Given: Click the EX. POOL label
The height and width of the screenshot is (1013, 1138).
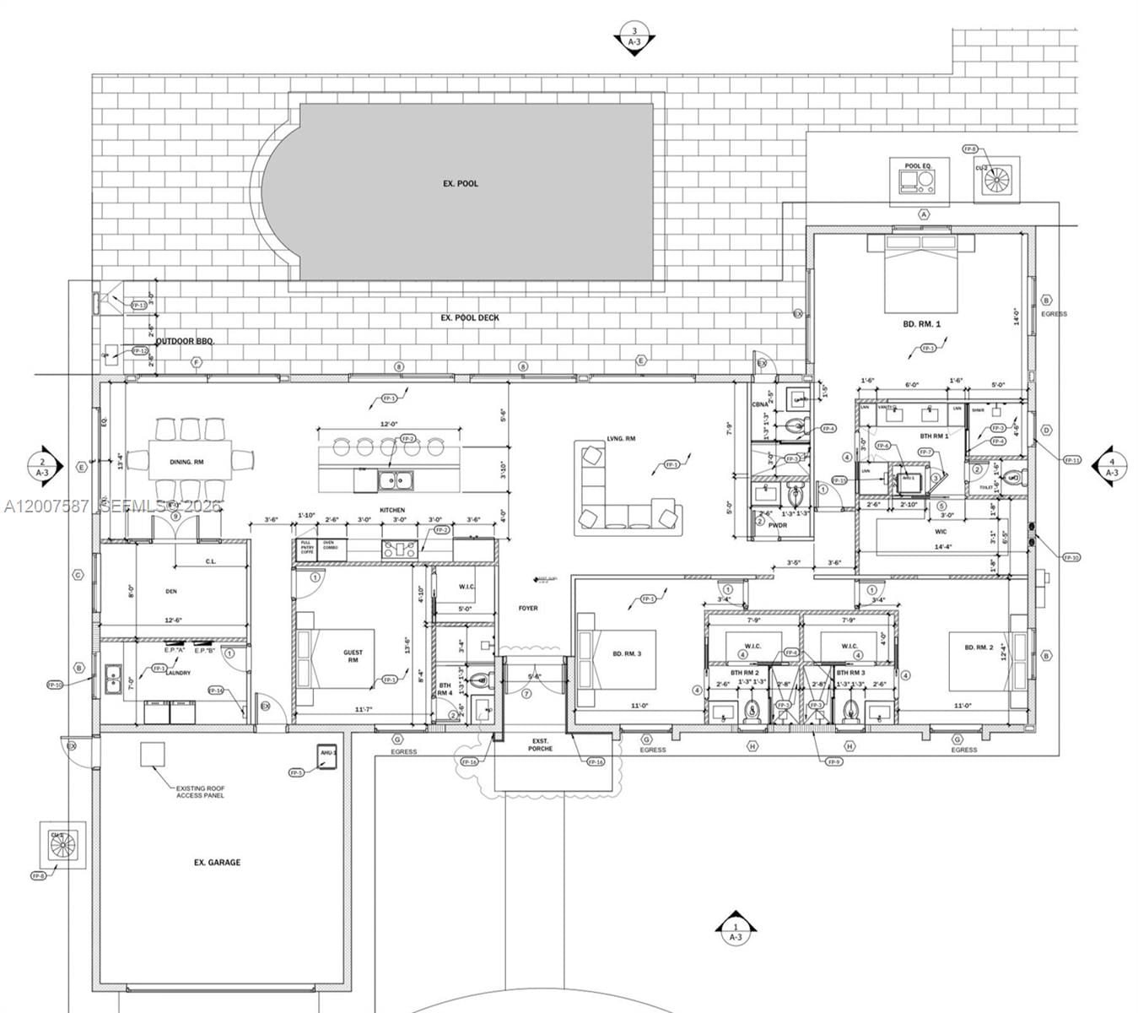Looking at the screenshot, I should (461, 183).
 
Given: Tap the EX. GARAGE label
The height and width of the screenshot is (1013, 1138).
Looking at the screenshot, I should (217, 863).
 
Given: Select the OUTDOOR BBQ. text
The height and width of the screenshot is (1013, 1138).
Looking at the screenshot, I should (186, 341).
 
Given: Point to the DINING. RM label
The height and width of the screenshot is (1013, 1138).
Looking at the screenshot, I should (186, 462).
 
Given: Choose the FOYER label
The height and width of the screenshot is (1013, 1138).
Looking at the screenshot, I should (528, 608).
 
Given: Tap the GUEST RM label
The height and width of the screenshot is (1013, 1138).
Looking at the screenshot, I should (353, 657).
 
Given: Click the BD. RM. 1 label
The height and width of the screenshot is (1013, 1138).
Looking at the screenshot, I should (921, 323).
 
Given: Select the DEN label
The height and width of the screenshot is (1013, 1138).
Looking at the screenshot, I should (171, 592).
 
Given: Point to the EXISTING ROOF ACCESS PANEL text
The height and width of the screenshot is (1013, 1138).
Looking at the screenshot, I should (200, 791).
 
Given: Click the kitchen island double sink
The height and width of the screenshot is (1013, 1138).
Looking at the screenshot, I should (395, 480).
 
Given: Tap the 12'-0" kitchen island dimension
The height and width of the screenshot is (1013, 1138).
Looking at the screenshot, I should (388, 424).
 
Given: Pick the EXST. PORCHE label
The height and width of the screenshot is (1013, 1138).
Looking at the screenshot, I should (540, 745).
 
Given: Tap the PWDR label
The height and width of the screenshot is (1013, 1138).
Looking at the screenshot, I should (777, 524).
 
